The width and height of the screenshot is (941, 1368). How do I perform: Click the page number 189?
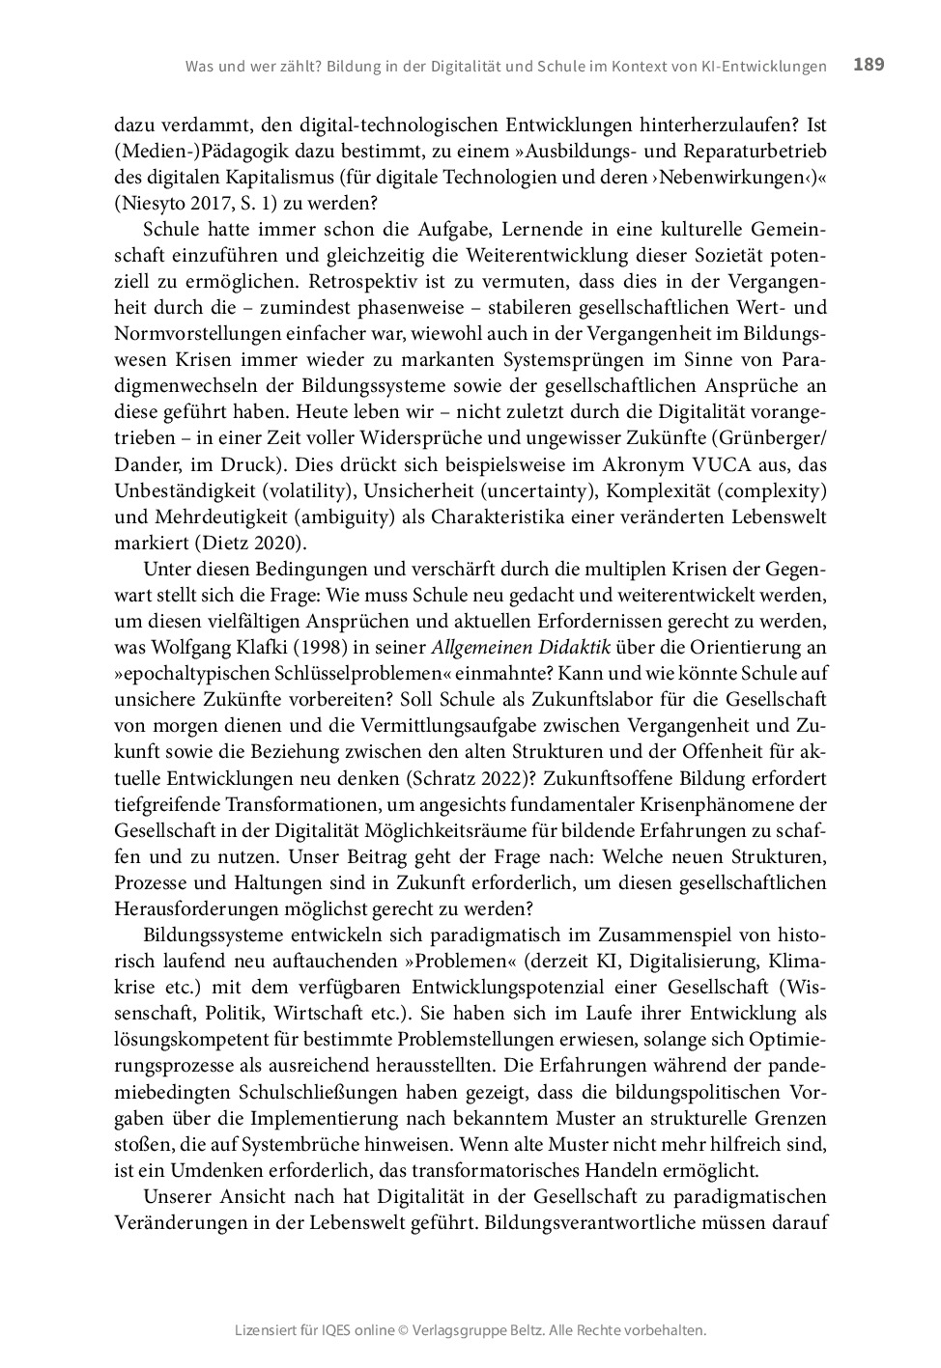click(x=869, y=65)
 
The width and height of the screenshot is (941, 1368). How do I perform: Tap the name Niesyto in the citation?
click(x=151, y=204)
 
